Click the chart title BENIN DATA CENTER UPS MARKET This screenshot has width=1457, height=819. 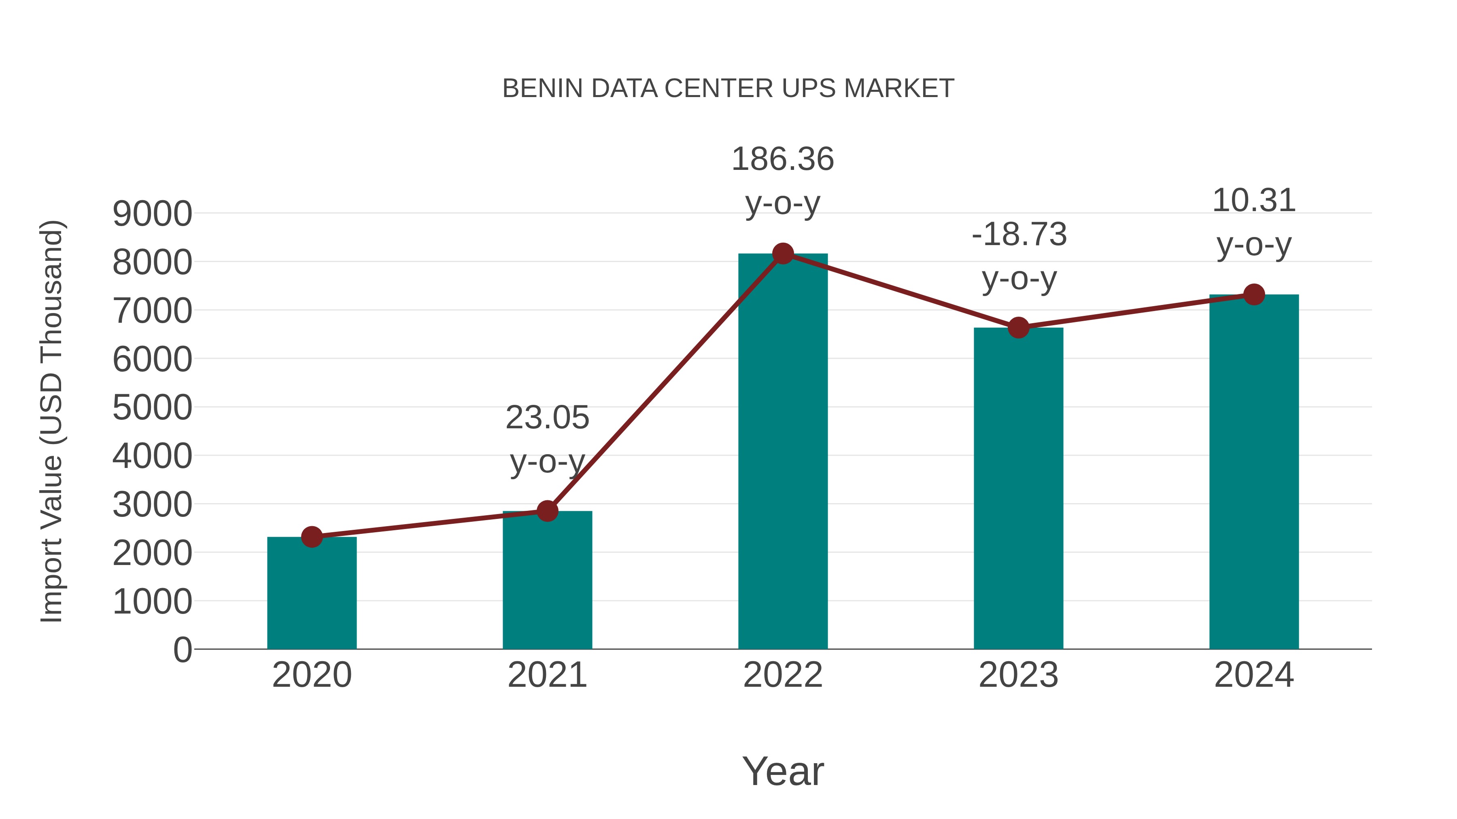[x=728, y=89]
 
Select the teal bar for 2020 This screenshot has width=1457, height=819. [x=312, y=593]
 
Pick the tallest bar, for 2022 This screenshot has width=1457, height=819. [x=783, y=452]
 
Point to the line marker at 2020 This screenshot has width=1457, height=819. [x=312, y=536]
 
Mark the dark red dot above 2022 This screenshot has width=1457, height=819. [x=783, y=254]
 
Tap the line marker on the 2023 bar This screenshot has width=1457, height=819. [x=1018, y=328]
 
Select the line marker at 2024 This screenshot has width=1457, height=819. [x=1254, y=294]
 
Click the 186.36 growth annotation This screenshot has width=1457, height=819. [x=783, y=159]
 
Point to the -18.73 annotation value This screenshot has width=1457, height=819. [x=1019, y=234]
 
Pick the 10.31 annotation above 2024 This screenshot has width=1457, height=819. [x=1254, y=201]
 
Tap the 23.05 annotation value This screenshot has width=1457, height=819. [x=547, y=418]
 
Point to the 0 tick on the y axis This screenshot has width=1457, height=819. [x=182, y=650]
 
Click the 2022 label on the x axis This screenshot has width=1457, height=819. [x=783, y=675]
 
